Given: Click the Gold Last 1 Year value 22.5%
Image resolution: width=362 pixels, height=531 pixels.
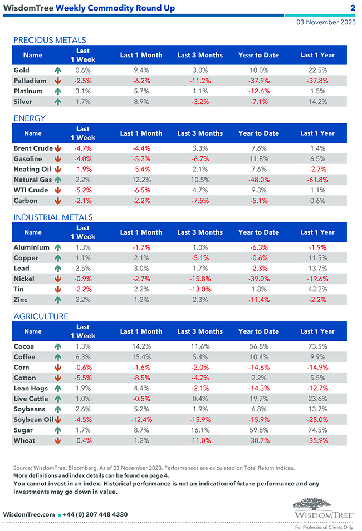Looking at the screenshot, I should (317, 71).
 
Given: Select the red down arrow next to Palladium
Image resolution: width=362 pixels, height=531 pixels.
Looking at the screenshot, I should (57, 81).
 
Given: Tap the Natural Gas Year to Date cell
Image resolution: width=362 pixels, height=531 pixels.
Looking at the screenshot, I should (258, 180).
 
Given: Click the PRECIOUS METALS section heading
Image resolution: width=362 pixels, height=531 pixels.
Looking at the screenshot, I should (50, 40).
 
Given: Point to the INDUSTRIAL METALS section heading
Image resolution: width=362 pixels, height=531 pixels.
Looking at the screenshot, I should (53, 217).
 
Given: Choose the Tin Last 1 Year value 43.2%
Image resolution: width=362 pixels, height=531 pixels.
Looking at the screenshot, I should (317, 289).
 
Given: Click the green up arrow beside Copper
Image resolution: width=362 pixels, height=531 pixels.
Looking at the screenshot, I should (57, 258).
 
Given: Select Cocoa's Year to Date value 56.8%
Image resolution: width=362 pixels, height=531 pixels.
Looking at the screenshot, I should (258, 346).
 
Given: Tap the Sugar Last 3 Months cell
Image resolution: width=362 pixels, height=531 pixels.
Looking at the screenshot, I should (199, 430).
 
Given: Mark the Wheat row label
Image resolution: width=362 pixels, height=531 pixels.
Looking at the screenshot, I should (24, 441).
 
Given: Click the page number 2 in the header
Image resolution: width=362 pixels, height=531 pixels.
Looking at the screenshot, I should (353, 8).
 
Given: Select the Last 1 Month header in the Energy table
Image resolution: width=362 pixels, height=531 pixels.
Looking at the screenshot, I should (141, 133).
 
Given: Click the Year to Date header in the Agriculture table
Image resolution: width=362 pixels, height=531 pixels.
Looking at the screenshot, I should (258, 331).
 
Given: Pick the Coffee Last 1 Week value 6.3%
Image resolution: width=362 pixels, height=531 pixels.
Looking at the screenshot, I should (82, 357).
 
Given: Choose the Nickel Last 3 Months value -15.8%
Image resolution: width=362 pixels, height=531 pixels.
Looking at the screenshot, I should (199, 279).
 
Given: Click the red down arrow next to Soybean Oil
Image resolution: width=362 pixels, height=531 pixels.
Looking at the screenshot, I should (57, 420).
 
